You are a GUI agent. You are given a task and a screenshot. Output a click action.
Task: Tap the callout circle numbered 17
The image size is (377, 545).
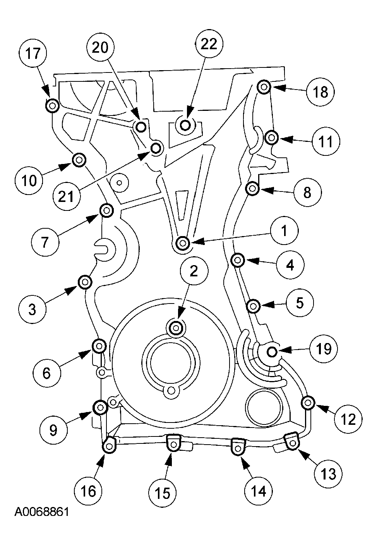click(33, 53)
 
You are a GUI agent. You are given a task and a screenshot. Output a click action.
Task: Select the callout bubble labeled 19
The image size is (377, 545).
click(324, 349)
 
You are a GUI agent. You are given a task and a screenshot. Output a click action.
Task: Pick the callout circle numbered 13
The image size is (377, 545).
click(328, 473)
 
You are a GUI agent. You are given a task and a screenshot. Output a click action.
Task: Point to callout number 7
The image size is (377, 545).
click(45, 242)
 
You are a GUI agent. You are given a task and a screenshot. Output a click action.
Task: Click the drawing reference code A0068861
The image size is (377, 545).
click(42, 512)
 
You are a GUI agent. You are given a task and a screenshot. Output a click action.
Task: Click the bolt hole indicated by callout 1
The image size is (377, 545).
click(183, 243)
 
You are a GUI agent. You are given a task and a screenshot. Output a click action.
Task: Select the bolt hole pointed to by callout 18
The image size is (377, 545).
click(264, 87)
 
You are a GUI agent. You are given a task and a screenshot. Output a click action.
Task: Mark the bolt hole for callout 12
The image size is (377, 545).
click(308, 403)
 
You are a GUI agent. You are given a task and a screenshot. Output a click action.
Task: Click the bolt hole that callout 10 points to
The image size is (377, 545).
click(79, 159)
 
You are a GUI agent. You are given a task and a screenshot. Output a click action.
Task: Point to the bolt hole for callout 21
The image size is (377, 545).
click(156, 148)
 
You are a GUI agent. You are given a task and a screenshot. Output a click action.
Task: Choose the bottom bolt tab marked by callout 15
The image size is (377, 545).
click(173, 445)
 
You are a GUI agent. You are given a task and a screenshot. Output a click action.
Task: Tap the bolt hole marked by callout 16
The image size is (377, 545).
click(109, 447)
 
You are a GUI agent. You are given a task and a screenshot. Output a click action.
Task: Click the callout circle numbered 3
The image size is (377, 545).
click(33, 309)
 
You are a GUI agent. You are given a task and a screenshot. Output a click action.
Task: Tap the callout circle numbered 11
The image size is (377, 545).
click(326, 142)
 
